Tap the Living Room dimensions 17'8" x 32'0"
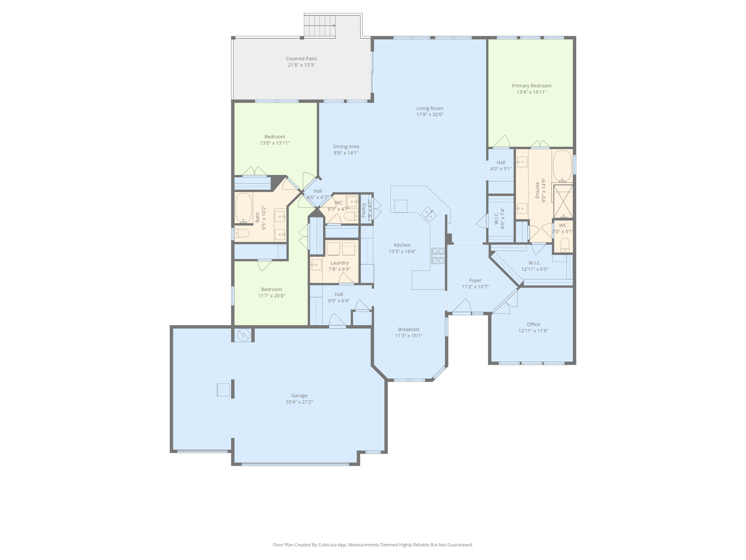click(x=430, y=114)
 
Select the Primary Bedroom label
click(x=532, y=86)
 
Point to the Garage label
click(x=299, y=396)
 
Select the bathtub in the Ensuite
click(x=562, y=166)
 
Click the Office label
click(x=533, y=324)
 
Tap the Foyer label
click(x=475, y=281)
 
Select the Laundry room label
click(x=339, y=263)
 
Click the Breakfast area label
click(x=409, y=329)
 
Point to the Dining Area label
click(x=346, y=147)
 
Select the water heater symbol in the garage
click(x=243, y=335)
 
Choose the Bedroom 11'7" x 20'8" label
click(x=272, y=289)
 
